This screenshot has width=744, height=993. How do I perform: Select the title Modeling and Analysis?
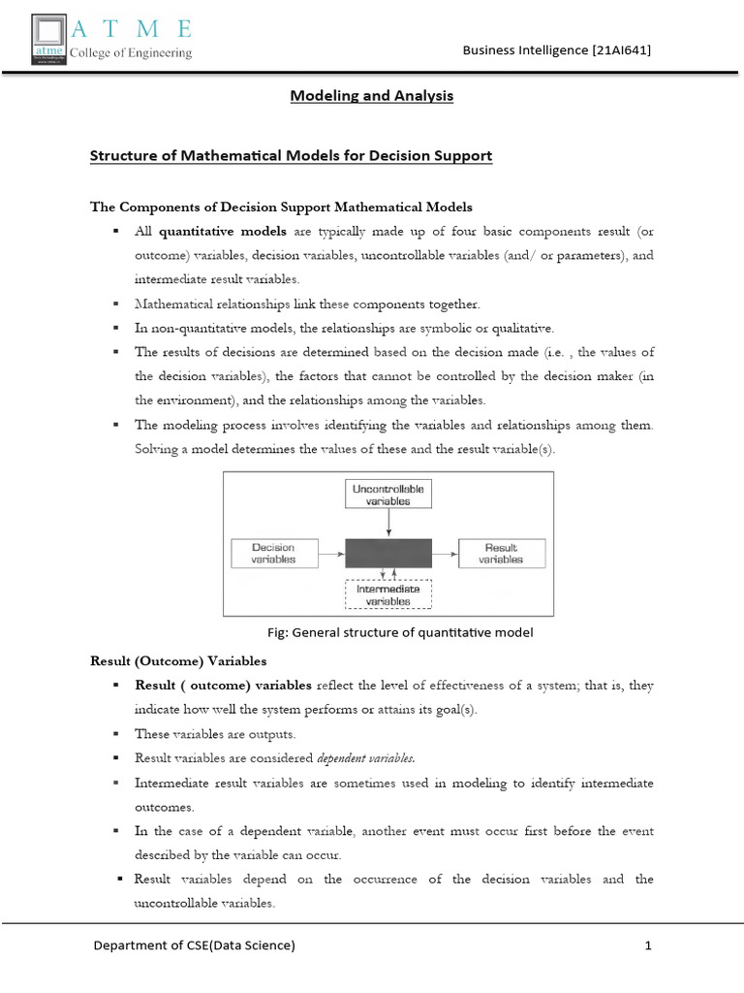(373, 96)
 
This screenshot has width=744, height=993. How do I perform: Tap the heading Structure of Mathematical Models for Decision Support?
(291, 155)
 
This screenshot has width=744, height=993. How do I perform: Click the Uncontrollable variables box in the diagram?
(388, 495)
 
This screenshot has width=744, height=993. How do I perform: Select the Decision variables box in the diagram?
(273, 554)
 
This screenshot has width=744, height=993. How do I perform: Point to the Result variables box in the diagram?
(501, 554)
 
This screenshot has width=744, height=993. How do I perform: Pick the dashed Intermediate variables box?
(388, 594)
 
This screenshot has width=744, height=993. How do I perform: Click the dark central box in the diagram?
(388, 554)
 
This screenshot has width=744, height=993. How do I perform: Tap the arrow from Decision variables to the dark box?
(331, 554)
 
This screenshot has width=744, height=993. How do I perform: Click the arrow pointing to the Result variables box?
(446, 554)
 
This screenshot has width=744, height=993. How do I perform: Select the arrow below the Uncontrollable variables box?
(388, 524)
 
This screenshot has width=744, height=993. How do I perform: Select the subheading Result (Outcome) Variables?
(177, 661)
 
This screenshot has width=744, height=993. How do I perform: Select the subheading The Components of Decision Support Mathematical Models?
(281, 207)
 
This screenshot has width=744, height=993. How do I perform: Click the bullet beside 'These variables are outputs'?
(115, 734)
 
